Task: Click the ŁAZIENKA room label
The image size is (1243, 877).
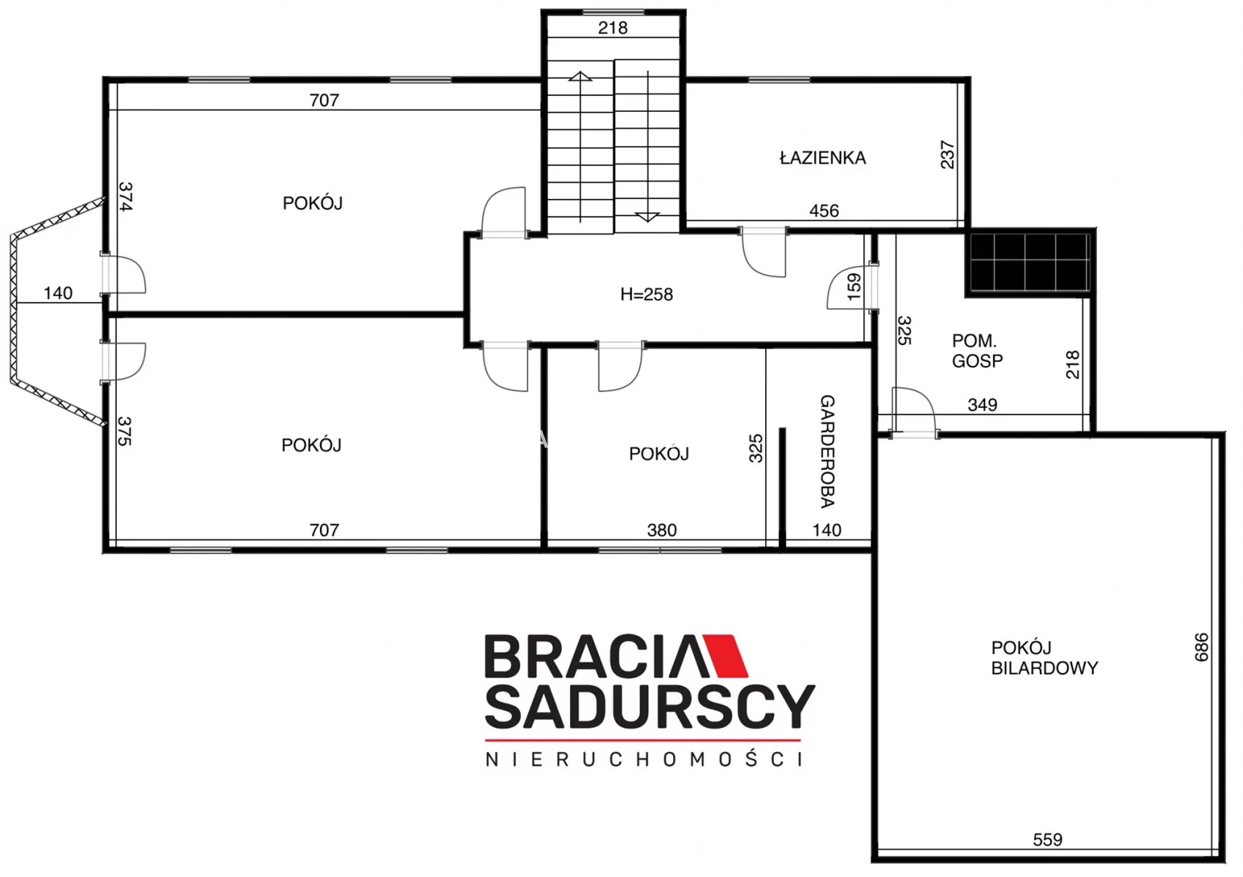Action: [823, 158]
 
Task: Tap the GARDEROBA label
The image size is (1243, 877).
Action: [827, 451]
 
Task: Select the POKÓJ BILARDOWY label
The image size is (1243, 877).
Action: [1044, 658]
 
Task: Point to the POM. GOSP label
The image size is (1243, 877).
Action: [977, 351]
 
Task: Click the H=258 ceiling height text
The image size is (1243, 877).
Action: [647, 295]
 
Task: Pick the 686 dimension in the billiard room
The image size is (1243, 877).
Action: [1201, 648]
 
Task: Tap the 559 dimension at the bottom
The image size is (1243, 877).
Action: [1048, 840]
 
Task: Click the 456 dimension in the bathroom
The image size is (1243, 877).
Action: [824, 211]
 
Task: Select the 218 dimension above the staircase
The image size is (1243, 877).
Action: [612, 28]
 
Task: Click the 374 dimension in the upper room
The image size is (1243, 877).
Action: [126, 197]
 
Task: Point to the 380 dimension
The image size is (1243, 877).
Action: [661, 530]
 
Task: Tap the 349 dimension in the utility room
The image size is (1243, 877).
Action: [982, 405]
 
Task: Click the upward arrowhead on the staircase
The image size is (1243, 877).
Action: [580, 76]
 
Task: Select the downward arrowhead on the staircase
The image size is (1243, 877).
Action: [647, 217]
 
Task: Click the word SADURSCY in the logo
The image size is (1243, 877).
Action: [650, 707]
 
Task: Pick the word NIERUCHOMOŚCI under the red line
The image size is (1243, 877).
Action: [644, 759]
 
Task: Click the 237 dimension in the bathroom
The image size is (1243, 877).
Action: [948, 155]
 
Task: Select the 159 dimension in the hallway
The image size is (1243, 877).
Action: [854, 286]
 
